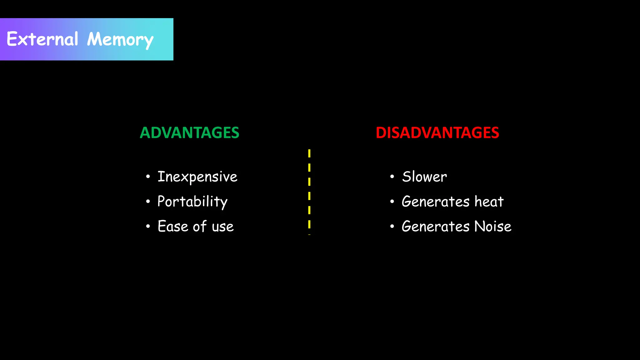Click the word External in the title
click(42, 39)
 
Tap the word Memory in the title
click(120, 40)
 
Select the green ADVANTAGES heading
click(189, 133)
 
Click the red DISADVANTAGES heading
click(437, 133)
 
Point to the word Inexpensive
click(197, 177)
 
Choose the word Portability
click(192, 202)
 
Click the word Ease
click(172, 226)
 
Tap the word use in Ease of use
click(222, 227)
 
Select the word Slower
click(424, 177)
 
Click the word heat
click(489, 202)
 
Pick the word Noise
click(492, 226)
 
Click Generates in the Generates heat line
click(435, 202)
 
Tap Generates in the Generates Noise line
click(435, 226)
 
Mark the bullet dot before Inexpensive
click(148, 177)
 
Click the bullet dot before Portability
click(148, 202)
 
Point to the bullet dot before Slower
click(392, 177)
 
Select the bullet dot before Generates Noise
click(392, 226)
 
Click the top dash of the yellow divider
click(309, 153)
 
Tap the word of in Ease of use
click(200, 226)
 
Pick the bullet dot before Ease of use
click(148, 226)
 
